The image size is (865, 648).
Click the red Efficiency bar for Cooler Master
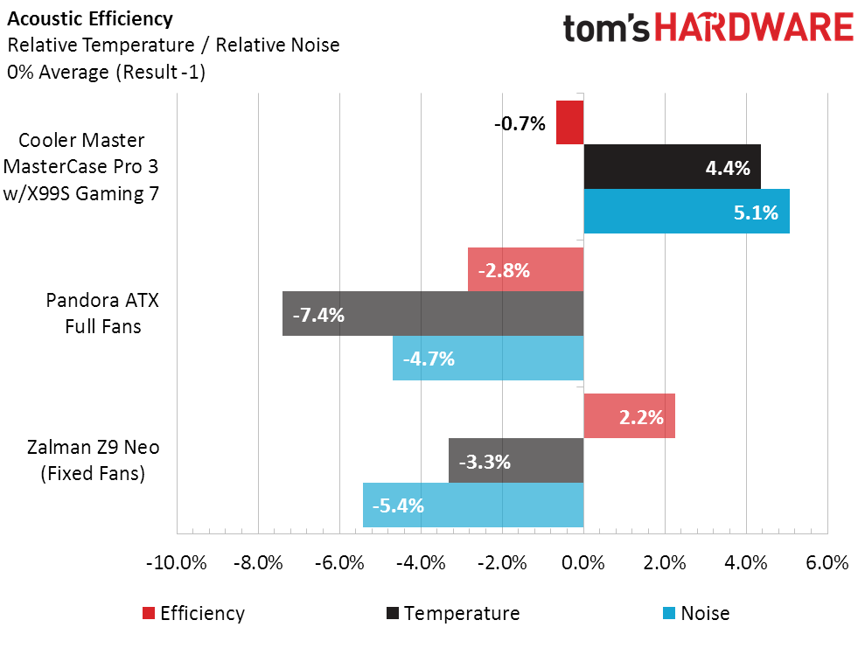click(x=569, y=122)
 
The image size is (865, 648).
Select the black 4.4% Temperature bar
click(x=672, y=167)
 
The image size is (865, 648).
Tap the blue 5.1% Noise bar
click(x=687, y=212)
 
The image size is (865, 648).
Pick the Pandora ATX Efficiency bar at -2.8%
click(x=526, y=269)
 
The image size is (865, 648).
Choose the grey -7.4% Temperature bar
click(x=433, y=313)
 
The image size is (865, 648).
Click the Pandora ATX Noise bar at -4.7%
click(x=488, y=358)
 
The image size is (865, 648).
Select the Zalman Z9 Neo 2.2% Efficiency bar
click(x=629, y=416)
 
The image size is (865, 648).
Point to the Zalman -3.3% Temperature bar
click(x=516, y=461)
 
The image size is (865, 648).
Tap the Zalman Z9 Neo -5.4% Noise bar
click(x=473, y=505)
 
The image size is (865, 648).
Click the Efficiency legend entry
click(x=192, y=613)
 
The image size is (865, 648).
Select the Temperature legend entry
click(x=451, y=613)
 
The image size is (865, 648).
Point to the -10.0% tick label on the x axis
click(x=177, y=562)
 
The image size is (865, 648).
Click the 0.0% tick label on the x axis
click(x=583, y=562)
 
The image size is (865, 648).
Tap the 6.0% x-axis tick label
click(x=827, y=562)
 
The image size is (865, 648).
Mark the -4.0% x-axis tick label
click(x=421, y=562)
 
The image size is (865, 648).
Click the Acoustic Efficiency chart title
click(x=90, y=18)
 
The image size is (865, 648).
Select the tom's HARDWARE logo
click(x=708, y=28)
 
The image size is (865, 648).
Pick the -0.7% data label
click(x=520, y=123)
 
